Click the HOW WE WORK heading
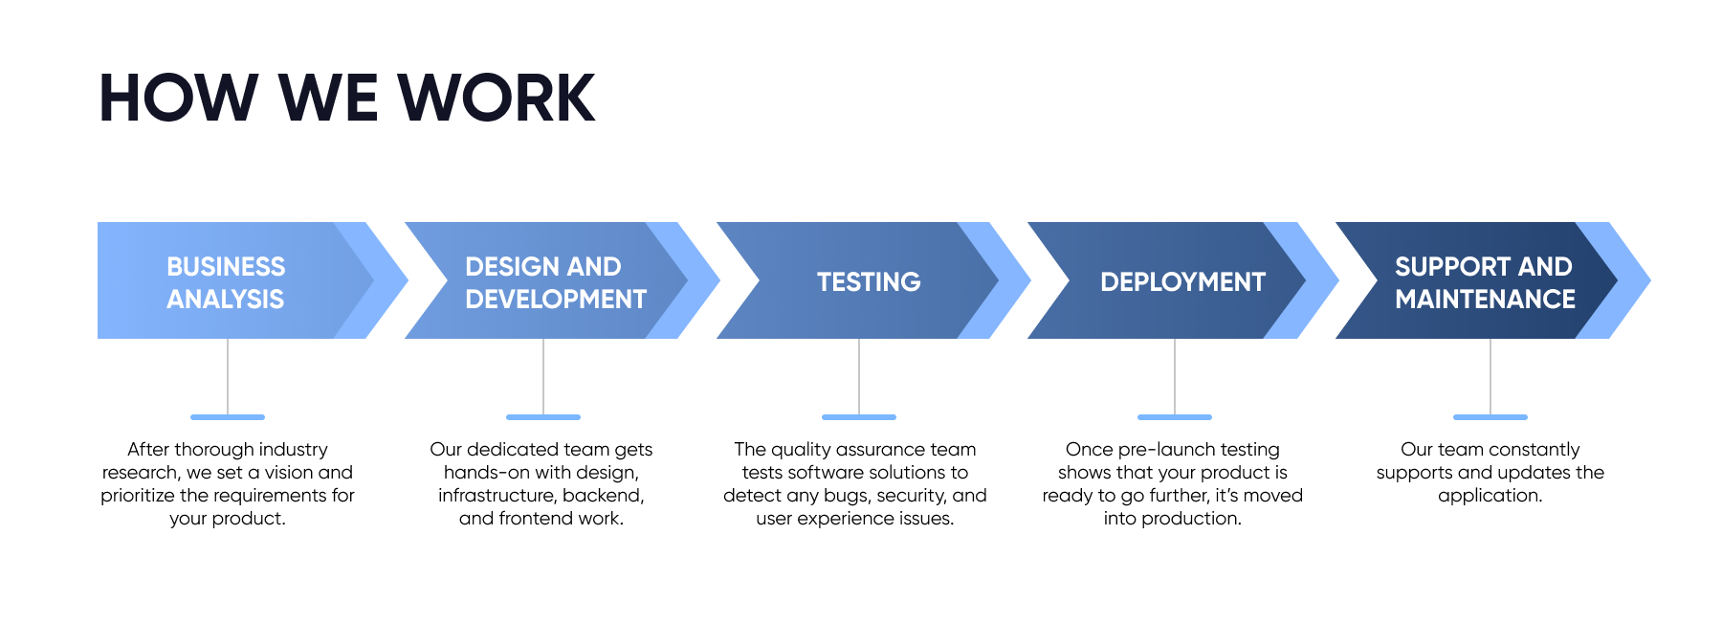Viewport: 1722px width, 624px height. tap(346, 99)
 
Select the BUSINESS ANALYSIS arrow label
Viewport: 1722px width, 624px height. tap(226, 282)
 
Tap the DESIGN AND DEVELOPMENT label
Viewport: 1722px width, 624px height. tap(555, 282)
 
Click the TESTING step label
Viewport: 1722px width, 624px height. tap(869, 282)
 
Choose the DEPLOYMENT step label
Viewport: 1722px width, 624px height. tap(1182, 282)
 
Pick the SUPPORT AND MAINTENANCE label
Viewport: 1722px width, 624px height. tap(1485, 282)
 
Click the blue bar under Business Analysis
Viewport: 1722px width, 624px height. tap(228, 417)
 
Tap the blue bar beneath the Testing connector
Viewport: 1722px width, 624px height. tap(859, 417)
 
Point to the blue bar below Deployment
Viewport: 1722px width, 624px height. tap(1175, 417)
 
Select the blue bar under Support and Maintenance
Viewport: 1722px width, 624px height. tap(1490, 417)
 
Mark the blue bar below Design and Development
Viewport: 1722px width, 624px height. tap(543, 417)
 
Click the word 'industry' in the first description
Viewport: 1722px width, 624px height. tap(292, 450)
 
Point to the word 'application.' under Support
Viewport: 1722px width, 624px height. tap(1490, 496)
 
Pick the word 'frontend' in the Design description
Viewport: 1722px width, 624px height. tap(538, 519)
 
